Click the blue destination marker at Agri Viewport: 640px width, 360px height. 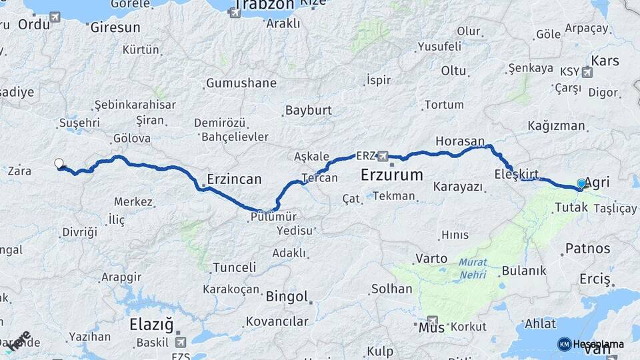click(x=581, y=183)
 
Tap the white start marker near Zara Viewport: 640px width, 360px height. click(x=59, y=163)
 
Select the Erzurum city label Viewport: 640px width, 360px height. click(x=391, y=175)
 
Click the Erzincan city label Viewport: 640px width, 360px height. click(x=234, y=179)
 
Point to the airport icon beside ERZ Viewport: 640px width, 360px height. click(x=383, y=156)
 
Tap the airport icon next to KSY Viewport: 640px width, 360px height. click(x=587, y=72)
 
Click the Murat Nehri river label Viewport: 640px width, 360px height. click(x=472, y=268)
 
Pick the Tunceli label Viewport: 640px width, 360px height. click(x=234, y=267)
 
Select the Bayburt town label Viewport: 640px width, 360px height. click(x=309, y=110)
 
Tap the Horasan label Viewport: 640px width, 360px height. click(x=459, y=141)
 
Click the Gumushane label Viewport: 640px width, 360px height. click(x=241, y=83)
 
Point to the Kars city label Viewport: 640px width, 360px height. click(x=605, y=61)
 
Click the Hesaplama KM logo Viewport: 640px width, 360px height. click(x=591, y=344)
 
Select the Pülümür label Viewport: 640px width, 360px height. click(x=274, y=217)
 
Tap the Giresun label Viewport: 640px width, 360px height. click(x=115, y=27)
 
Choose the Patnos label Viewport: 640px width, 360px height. click(x=587, y=249)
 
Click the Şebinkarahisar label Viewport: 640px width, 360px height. click(x=135, y=105)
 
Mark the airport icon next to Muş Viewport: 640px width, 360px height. click(x=433, y=320)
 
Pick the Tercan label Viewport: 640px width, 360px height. click(x=319, y=178)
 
